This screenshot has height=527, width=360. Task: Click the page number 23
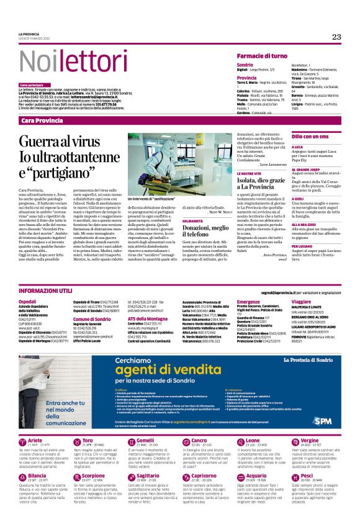tap(336, 37)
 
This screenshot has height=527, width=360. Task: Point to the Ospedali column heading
tap(28, 301)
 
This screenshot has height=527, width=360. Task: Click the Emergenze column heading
tap(250, 301)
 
